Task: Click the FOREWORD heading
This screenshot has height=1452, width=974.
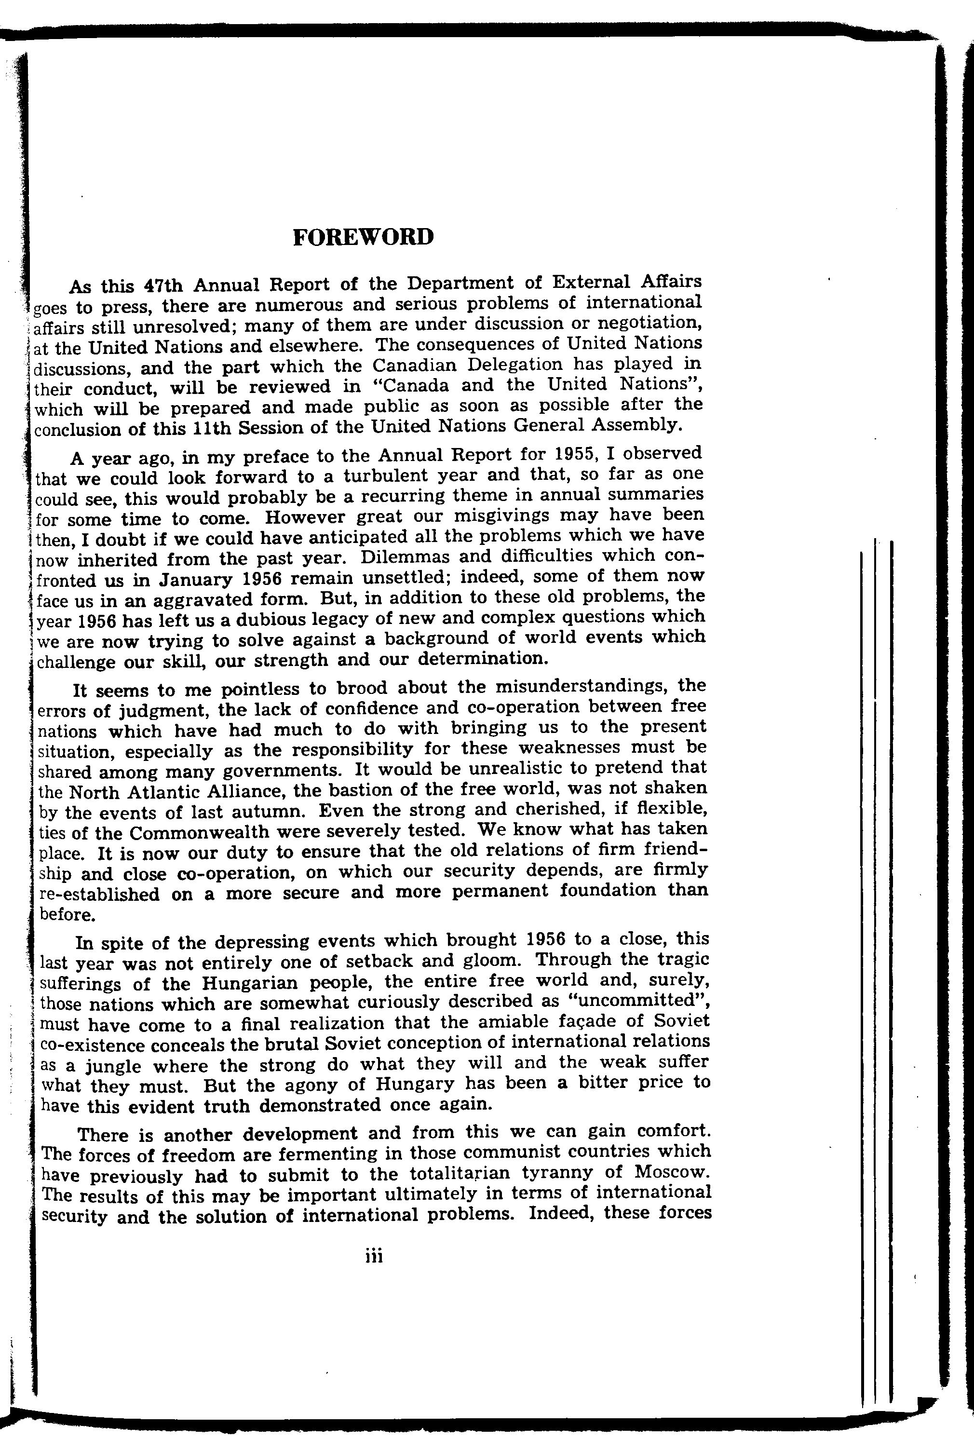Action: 363,237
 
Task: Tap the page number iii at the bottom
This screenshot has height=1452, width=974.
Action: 374,1257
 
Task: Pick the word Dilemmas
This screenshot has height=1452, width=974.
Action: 405,556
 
